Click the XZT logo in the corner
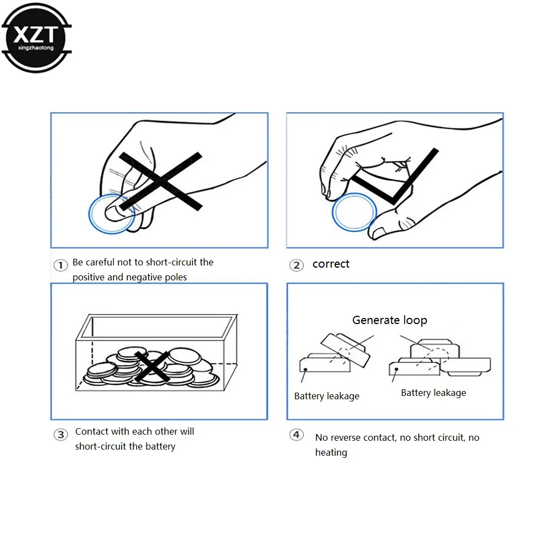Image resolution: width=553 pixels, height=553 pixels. pos(36,37)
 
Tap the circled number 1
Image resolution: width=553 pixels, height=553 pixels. pos(60,265)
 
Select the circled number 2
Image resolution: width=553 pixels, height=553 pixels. pos(297,265)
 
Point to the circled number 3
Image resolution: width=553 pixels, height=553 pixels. pos(60,435)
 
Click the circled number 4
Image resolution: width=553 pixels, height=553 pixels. pos(297,435)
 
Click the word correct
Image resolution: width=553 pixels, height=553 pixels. pos(331,264)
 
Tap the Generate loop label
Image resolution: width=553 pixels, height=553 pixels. pos(389,320)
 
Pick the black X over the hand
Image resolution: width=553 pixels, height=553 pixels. pos(160,181)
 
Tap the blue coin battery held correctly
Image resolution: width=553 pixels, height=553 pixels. pos(354,212)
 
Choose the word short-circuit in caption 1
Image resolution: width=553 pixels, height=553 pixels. pos(171,262)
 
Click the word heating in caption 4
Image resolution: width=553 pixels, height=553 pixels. pos(331,452)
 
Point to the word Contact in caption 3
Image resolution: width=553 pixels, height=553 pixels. pos(91,431)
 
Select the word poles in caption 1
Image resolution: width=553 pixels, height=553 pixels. pos(175,277)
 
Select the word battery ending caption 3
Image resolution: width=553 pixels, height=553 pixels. pos(159,446)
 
